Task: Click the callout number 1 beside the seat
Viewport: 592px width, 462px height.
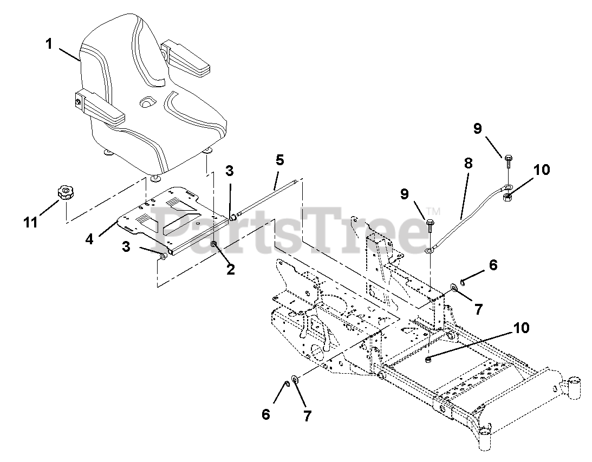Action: [49, 44]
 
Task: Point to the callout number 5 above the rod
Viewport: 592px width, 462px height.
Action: [279, 160]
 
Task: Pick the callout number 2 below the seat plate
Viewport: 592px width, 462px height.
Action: [231, 269]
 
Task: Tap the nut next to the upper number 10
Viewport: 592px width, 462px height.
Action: [509, 197]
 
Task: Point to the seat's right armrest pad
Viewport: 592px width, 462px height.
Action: [187, 57]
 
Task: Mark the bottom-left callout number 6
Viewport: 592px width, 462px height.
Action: [266, 414]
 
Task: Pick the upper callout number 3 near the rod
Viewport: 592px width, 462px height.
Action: [230, 171]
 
